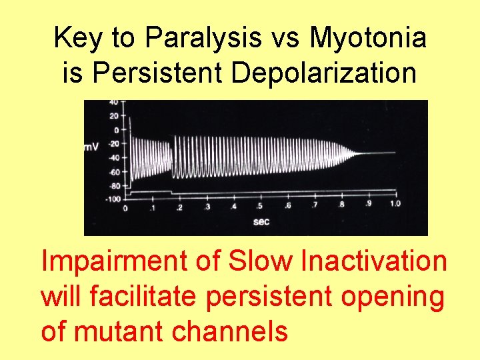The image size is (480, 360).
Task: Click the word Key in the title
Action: [x=77, y=39]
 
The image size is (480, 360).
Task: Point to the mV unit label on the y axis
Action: [x=91, y=147]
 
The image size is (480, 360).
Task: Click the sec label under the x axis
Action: [x=261, y=222]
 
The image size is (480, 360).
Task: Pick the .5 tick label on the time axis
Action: [x=260, y=208]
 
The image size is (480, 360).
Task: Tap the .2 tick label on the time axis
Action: [x=179, y=208]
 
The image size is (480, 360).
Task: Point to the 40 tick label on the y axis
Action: [x=114, y=102]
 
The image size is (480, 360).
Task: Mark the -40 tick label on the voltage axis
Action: [x=113, y=158]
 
